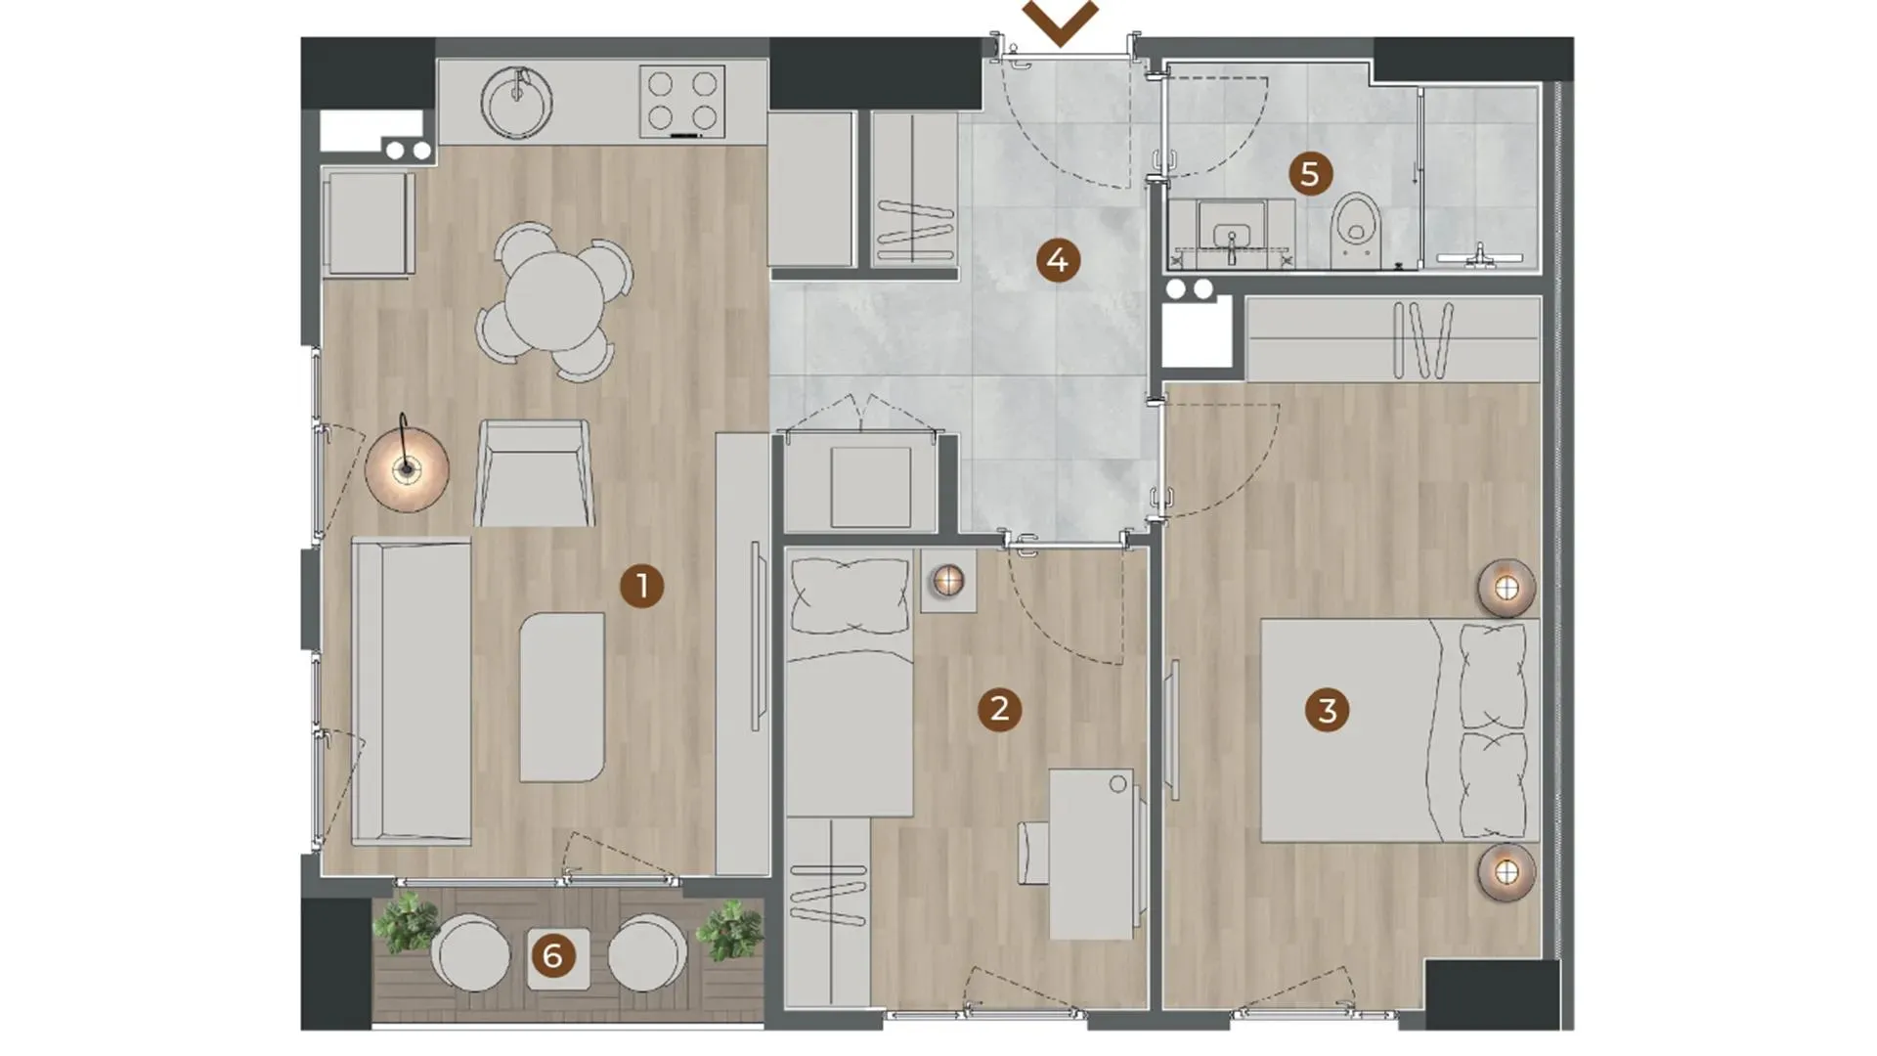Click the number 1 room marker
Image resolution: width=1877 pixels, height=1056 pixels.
point(642,587)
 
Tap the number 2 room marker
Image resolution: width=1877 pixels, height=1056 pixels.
point(999,709)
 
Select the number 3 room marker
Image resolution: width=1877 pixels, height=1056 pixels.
point(1327,711)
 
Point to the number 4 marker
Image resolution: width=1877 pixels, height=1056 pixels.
point(1057,261)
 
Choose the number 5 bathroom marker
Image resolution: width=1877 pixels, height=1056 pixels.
point(1310,175)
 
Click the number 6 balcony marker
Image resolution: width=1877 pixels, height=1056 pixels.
point(552,956)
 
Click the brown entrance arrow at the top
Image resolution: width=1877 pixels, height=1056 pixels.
point(1061,22)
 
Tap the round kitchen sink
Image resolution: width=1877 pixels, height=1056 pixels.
point(516,103)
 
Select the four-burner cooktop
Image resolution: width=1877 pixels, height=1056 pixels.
point(682,102)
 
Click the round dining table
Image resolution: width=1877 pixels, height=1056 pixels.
point(554,300)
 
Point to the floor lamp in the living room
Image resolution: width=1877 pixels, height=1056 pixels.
point(407,468)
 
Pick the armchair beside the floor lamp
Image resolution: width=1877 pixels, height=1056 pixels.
point(534,474)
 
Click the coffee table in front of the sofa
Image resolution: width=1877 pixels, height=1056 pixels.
point(561,697)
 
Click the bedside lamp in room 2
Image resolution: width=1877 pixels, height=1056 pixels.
point(947,581)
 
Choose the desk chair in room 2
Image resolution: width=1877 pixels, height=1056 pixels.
point(1033,853)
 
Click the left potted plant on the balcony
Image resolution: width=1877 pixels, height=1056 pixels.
point(406,923)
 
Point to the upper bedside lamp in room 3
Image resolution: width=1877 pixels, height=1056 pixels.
point(1506,589)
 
